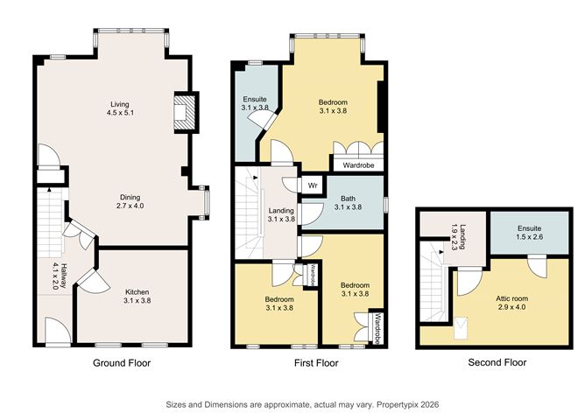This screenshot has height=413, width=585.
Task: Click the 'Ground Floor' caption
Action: (x=119, y=362)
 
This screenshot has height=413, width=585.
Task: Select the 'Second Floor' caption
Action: (x=497, y=362)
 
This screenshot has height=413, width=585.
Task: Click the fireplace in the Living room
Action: (x=183, y=113)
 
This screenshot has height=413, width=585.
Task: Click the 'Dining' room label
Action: (x=131, y=197)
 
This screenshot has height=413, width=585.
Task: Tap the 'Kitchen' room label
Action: (x=137, y=292)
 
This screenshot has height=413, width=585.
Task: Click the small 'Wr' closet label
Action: (x=312, y=185)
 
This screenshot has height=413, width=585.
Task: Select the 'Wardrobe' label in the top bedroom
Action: (x=358, y=163)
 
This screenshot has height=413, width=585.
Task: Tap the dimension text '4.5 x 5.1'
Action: (x=118, y=113)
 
